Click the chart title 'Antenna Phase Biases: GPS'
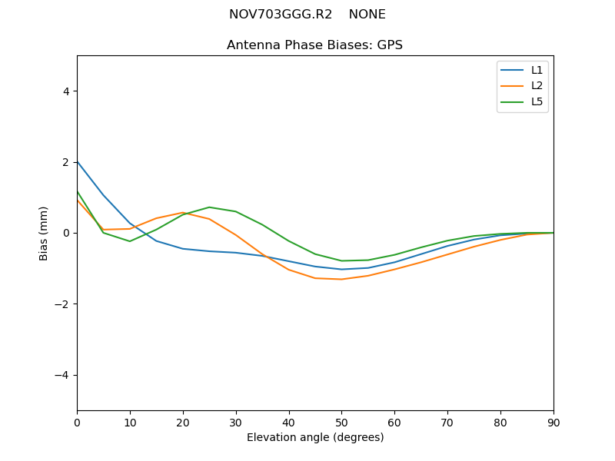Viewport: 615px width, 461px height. (x=314, y=45)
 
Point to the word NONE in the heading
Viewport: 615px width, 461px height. (x=367, y=15)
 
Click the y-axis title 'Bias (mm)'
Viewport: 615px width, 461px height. (x=44, y=233)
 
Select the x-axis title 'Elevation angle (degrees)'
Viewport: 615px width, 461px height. (x=315, y=438)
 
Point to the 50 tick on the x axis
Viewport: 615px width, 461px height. (x=341, y=422)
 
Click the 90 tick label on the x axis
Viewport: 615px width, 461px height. (x=553, y=422)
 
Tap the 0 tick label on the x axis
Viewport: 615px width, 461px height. (x=77, y=422)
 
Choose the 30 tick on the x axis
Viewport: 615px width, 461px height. (x=236, y=422)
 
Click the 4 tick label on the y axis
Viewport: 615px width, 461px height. (x=66, y=91)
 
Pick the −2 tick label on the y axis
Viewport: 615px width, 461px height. (x=62, y=304)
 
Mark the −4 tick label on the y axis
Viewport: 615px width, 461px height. (x=62, y=375)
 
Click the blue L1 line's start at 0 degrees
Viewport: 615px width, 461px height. (x=78, y=161)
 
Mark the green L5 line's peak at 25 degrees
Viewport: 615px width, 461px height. (x=209, y=207)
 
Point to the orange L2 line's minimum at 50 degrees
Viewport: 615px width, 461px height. (x=341, y=279)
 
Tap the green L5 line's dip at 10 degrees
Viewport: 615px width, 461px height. (x=130, y=241)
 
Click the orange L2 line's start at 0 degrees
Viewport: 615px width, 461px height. (x=78, y=201)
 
